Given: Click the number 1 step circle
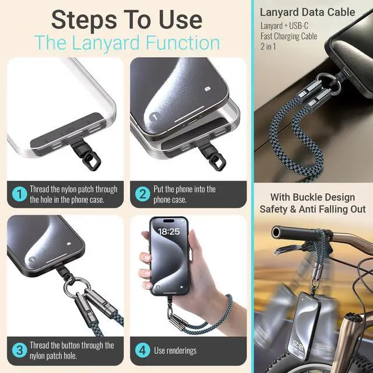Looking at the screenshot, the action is click(x=19, y=194).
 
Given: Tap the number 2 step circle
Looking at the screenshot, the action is click(x=142, y=194).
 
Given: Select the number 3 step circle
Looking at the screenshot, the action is click(x=19, y=350).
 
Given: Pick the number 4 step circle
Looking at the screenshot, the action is click(x=142, y=350).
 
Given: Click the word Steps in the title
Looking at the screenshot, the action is click(x=84, y=20).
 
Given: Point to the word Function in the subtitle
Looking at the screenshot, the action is click(x=182, y=43).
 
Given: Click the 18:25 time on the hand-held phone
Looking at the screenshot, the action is click(x=168, y=231).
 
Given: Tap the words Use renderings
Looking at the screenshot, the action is click(x=175, y=350).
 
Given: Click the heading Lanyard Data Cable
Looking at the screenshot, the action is click(x=307, y=12).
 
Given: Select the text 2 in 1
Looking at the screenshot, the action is click(x=268, y=46).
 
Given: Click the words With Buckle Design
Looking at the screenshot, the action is click(x=312, y=197).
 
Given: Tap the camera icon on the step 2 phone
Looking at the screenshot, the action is click(x=207, y=89).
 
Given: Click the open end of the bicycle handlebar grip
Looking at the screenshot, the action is click(x=276, y=232).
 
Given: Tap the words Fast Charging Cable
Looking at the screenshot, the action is click(x=289, y=36).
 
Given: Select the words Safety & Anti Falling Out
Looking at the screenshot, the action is click(x=312, y=209).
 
